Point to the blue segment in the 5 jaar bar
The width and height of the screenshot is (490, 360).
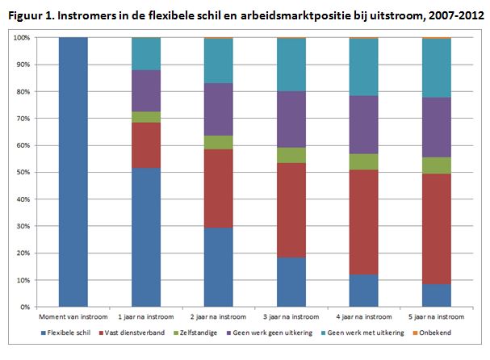pos(437,295)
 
